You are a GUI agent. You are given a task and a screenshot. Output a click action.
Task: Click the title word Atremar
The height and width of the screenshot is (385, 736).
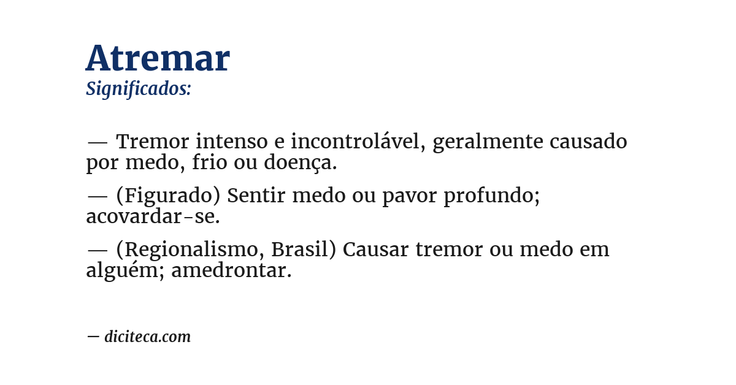click(x=158, y=59)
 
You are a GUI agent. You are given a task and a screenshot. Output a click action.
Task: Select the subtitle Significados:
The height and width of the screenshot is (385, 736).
click(x=139, y=89)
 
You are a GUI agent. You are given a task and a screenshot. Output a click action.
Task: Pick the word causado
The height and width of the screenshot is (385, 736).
click(x=588, y=142)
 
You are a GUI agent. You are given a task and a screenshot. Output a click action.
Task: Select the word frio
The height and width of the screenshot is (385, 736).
click(x=209, y=163)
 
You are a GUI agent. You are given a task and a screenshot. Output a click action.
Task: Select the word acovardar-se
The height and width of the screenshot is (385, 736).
click(x=153, y=217)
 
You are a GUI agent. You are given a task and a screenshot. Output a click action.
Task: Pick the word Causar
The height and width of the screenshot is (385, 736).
click(x=376, y=250)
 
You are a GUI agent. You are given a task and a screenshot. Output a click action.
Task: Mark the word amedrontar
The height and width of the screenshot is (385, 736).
click(x=231, y=271)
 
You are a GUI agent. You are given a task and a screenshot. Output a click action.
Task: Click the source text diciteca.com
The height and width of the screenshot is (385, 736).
click(x=147, y=337)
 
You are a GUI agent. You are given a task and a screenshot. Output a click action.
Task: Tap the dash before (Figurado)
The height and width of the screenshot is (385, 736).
click(x=98, y=196)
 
